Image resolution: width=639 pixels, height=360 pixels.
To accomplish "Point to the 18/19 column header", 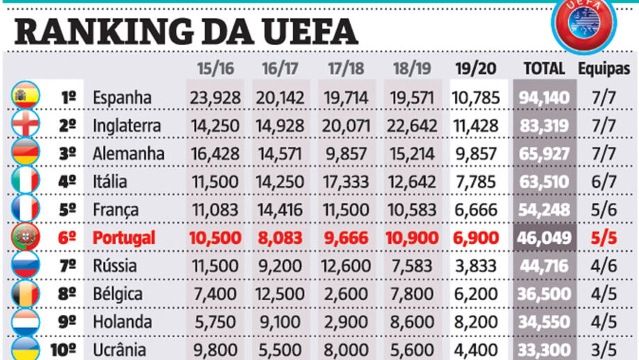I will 412,69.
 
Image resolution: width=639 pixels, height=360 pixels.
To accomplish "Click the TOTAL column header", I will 544,69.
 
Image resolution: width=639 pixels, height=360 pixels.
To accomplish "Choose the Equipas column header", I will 604,69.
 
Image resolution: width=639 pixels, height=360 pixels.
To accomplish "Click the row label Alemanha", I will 128,154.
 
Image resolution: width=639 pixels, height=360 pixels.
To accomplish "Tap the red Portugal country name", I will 124,238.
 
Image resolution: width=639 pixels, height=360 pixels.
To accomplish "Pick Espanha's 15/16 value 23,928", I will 215,97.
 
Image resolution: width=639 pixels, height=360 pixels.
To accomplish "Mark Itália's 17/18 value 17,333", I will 347,181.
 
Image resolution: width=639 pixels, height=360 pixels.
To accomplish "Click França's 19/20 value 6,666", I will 475,210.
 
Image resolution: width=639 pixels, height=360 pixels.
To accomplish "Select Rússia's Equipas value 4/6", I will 604,265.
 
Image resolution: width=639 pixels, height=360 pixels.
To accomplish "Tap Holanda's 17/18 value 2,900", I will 347,322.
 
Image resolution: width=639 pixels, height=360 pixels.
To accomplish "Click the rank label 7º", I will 67,265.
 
